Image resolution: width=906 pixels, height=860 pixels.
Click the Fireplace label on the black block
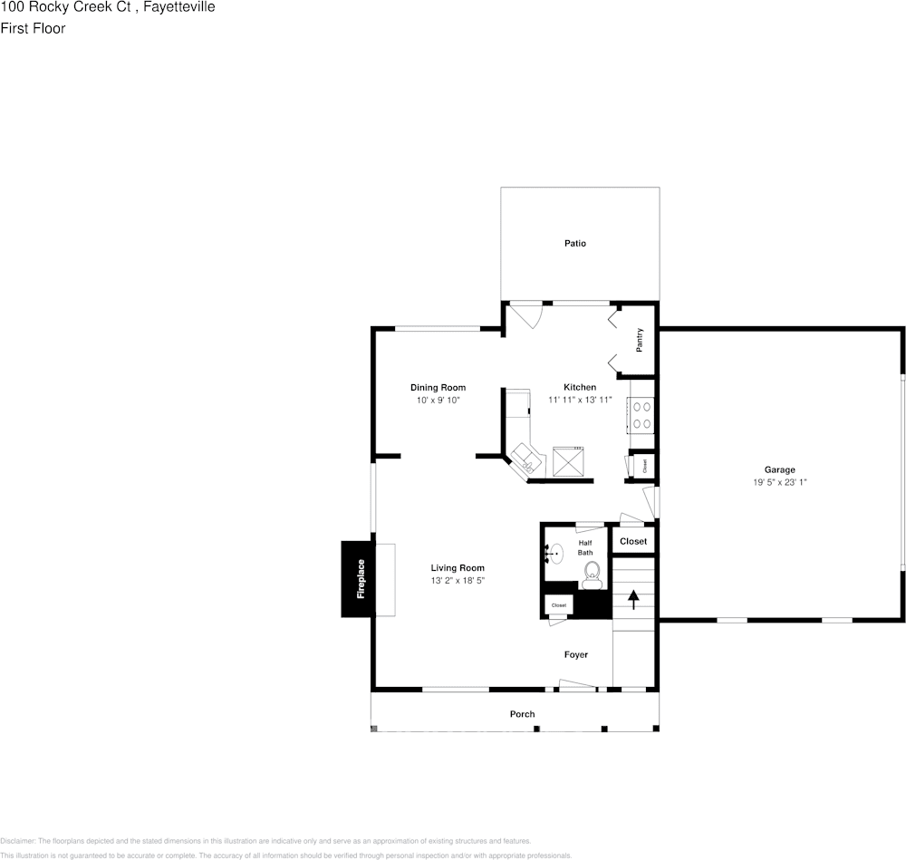(x=361, y=578)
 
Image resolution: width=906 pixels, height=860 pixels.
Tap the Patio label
(x=575, y=243)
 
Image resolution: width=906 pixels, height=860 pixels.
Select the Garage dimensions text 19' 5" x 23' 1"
(x=779, y=482)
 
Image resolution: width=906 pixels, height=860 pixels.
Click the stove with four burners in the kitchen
(x=641, y=415)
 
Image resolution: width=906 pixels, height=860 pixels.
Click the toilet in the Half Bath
(x=593, y=570)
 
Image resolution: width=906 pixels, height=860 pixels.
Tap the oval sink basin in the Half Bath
(x=558, y=552)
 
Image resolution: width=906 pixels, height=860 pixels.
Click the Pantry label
(x=640, y=340)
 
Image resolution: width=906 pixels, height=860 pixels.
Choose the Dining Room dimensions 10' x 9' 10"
(x=439, y=400)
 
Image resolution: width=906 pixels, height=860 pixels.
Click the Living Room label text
(x=458, y=568)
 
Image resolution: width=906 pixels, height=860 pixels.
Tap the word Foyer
(x=575, y=654)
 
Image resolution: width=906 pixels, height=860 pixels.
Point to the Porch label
(x=522, y=714)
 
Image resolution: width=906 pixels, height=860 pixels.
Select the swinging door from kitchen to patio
(x=525, y=316)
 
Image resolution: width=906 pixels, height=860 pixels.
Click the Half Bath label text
(x=585, y=547)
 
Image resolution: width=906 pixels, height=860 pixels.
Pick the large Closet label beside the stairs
(x=633, y=541)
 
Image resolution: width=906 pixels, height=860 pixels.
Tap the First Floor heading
(x=34, y=28)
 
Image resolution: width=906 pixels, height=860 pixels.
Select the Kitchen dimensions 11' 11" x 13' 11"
(x=580, y=400)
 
